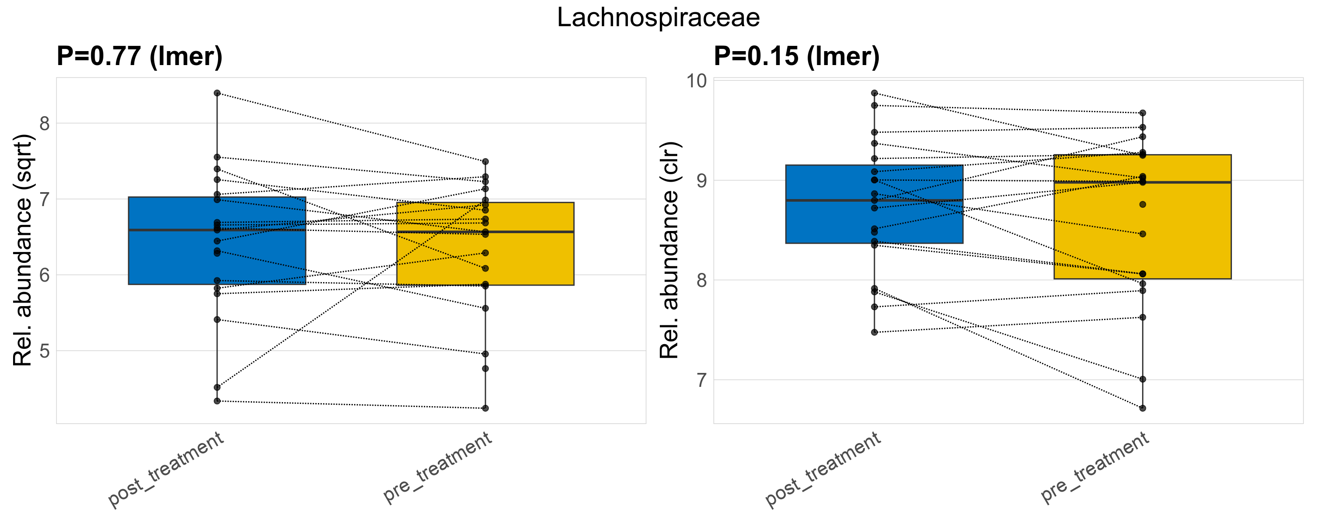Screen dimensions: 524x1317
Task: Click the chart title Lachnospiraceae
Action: coord(658,18)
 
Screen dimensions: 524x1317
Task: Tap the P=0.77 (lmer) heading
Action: coord(139,56)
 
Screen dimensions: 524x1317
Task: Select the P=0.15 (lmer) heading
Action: coord(796,56)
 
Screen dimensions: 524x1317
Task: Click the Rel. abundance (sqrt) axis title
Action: coord(23,250)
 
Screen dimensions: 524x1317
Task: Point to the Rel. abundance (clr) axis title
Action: coord(669,250)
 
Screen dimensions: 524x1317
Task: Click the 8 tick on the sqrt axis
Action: coord(44,123)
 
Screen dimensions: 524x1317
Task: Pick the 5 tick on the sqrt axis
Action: coord(44,351)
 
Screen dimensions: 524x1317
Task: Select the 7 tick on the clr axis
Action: coord(701,380)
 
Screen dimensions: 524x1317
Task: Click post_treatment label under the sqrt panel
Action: coord(166,469)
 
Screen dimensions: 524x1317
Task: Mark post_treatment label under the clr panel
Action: coord(823,469)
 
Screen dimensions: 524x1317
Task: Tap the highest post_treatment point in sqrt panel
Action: coord(217,93)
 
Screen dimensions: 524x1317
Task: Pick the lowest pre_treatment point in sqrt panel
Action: coord(485,408)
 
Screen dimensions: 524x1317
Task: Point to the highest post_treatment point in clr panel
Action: coord(874,93)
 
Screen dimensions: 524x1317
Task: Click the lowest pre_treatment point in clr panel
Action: coord(1143,408)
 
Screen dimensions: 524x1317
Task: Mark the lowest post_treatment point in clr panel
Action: coord(874,333)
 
